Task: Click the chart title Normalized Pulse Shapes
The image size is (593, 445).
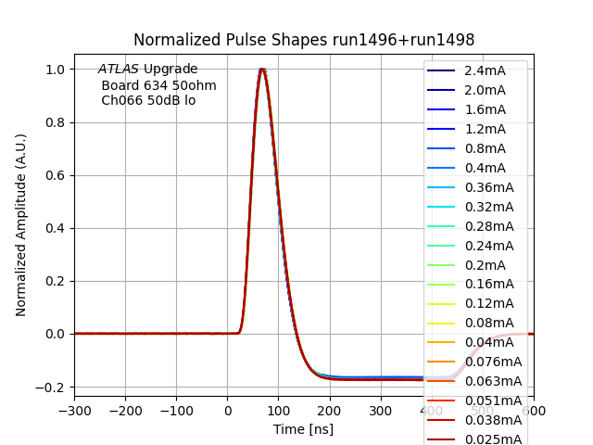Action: tap(304, 40)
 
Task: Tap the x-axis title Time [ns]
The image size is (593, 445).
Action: tap(303, 429)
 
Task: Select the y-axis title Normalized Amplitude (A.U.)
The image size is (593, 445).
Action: tap(21, 224)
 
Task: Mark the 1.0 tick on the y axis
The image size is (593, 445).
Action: tap(57, 70)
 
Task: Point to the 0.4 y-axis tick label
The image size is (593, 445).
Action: tap(57, 228)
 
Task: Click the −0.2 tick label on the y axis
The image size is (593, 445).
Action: tap(52, 387)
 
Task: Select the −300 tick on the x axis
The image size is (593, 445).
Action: tap(74, 411)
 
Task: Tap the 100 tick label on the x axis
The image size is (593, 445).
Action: tap(279, 411)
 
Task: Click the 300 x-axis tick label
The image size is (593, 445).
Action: tap(381, 411)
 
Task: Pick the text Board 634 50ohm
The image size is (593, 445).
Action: tap(158, 85)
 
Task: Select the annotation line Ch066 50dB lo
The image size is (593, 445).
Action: tap(148, 100)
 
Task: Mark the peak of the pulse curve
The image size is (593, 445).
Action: tap(262, 69)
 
